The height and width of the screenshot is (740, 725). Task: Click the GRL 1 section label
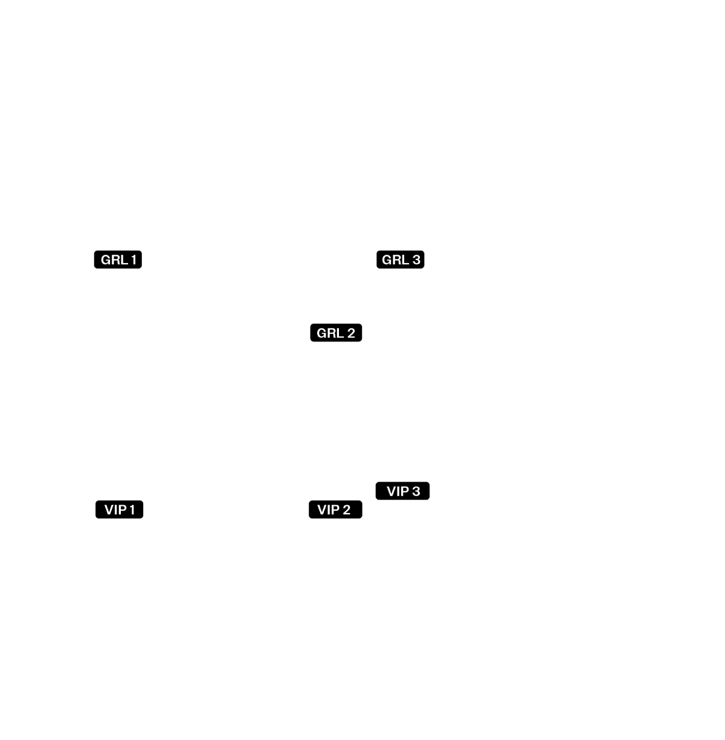pos(118,260)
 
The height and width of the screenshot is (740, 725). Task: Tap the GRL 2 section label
pos(336,333)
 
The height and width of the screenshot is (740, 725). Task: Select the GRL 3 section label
pos(401,260)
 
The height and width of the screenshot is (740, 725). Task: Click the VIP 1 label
pos(120,510)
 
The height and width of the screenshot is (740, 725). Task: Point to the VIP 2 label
pos(333,510)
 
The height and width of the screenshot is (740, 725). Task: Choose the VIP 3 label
pos(403,491)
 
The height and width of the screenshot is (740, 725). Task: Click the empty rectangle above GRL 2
pos(258,110)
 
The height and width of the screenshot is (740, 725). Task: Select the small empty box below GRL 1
pos(125,302)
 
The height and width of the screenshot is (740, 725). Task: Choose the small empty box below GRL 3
pos(392,302)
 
